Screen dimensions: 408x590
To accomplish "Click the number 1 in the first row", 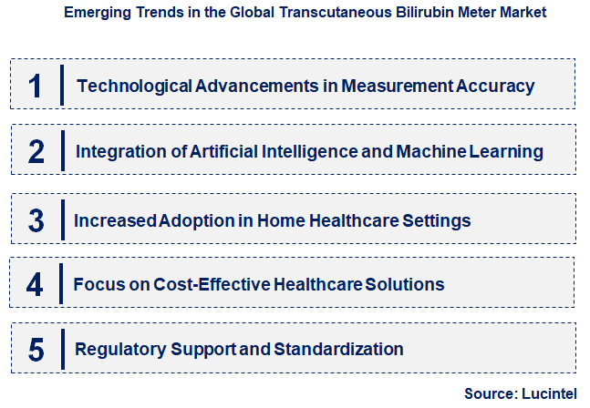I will pos(36,86).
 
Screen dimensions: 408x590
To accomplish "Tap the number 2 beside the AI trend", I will pos(36,151).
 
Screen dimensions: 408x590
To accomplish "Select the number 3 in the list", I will pos(36,219).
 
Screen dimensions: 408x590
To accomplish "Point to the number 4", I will pos(35,284).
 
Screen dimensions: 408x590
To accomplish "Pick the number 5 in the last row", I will pos(36,349).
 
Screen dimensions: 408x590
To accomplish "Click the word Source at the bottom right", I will pos(490,393).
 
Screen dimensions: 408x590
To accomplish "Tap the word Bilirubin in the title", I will pos(399,15).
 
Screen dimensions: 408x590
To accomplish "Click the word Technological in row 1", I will pos(134,87).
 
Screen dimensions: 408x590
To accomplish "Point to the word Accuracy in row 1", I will pos(491,87).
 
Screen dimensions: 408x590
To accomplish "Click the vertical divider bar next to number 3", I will pos(61,219).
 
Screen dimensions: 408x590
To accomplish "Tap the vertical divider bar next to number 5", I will pos(61,349).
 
